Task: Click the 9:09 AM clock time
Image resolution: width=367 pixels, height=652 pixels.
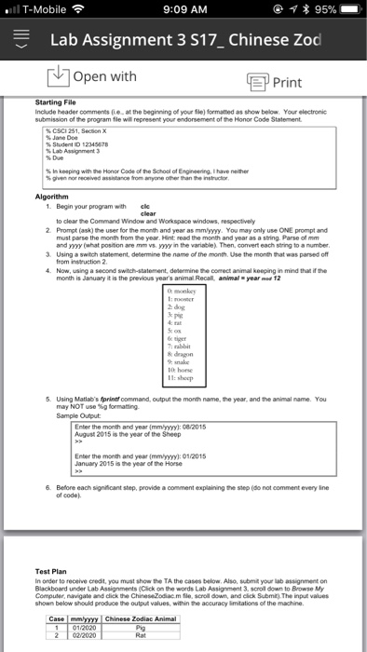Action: (183, 13)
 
